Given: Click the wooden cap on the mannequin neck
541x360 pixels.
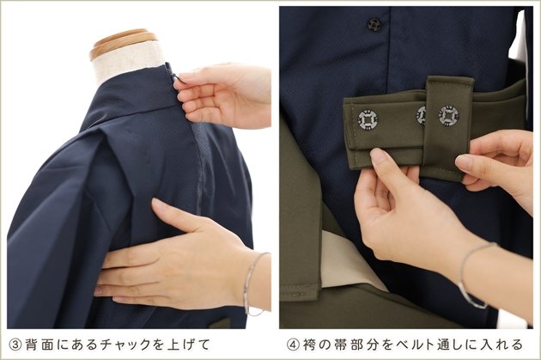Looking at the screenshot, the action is coord(123,43).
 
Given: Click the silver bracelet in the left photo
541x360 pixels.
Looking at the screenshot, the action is coord(253,284).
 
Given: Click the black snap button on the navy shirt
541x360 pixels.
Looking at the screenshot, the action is coord(374,24).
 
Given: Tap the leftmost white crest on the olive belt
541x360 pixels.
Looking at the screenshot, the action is coord(368,119).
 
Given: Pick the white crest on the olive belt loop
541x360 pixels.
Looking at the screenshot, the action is coord(448,116).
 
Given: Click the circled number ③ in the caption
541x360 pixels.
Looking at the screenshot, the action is coord(15,345).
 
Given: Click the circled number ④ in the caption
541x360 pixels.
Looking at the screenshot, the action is coord(293,345).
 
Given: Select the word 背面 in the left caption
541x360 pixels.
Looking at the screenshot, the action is coord(39,345).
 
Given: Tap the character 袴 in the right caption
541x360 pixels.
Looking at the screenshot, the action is coord(310,345).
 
